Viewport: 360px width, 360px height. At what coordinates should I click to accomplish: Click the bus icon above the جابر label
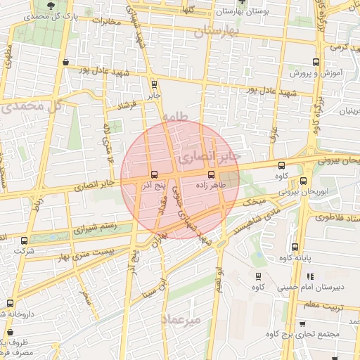click(155, 84)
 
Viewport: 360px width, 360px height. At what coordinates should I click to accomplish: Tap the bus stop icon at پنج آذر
click(154, 174)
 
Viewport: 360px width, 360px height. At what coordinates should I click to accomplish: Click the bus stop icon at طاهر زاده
click(211, 174)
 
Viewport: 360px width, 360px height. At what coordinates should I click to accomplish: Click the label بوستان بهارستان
click(242, 12)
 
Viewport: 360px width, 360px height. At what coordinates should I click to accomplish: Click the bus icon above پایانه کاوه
click(295, 247)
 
